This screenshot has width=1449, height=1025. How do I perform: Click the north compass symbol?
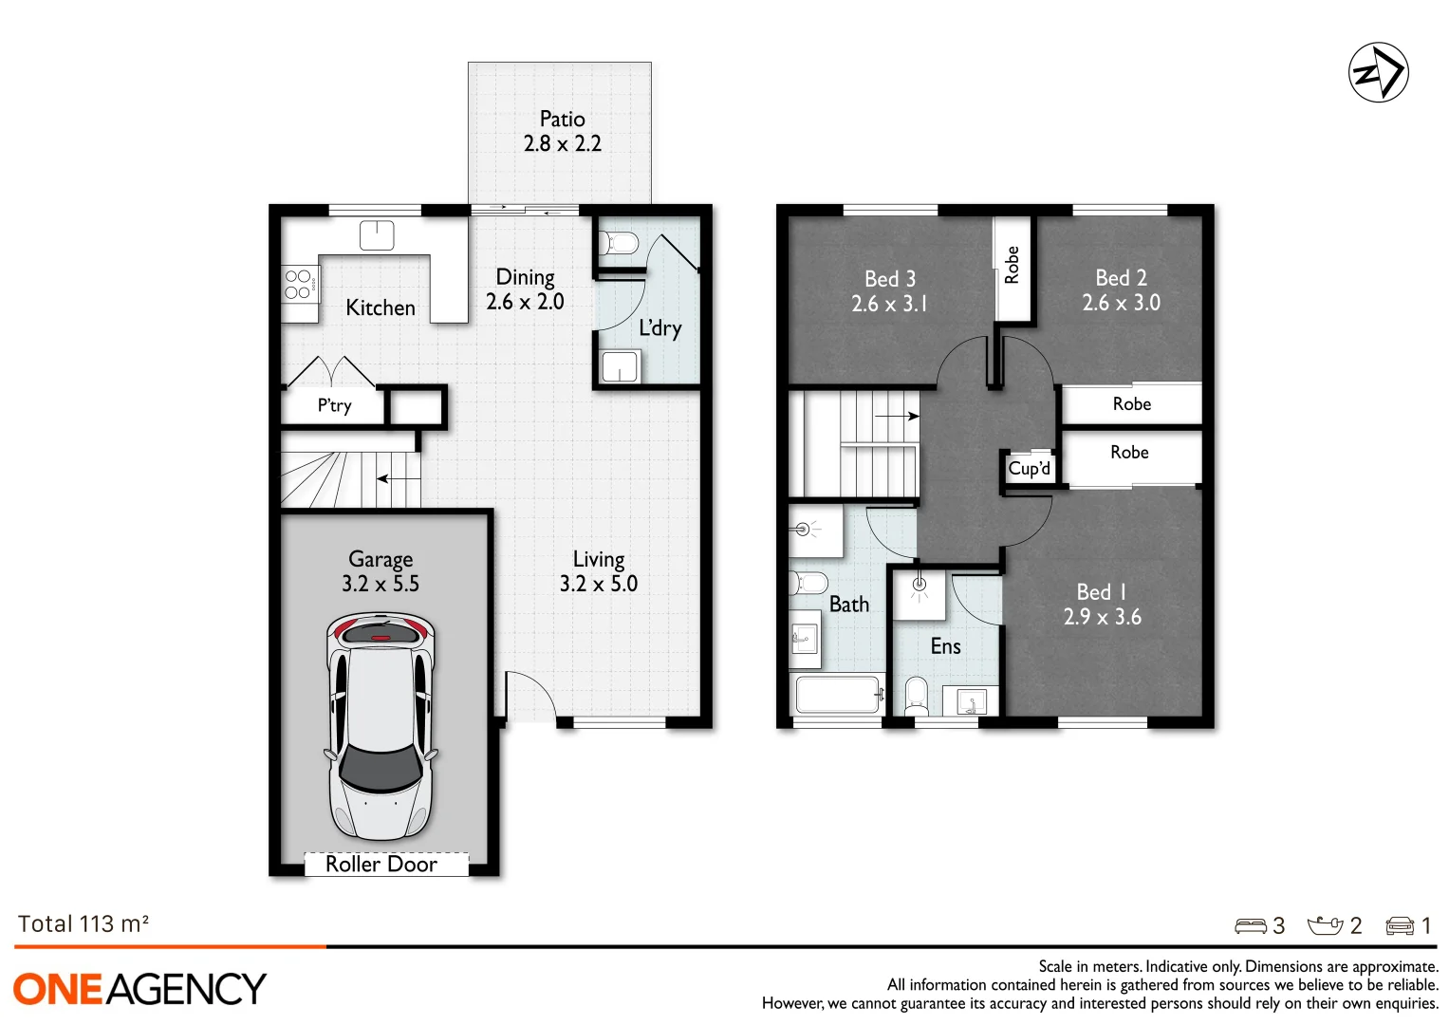pyautogui.click(x=1378, y=72)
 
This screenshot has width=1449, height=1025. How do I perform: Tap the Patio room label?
pyautogui.click(x=562, y=120)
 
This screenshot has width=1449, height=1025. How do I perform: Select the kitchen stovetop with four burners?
pyautogui.click(x=299, y=284)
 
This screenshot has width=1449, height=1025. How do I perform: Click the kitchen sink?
pyautogui.click(x=377, y=234)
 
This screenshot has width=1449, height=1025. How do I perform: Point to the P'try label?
pyautogui.click(x=334, y=406)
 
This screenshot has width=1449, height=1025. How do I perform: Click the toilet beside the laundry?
pyautogui.click(x=619, y=243)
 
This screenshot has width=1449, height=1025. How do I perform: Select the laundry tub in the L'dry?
pyautogui.click(x=621, y=366)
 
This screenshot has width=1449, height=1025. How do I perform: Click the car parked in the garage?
pyautogui.click(x=381, y=725)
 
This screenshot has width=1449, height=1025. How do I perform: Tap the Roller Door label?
pyautogui.click(x=381, y=864)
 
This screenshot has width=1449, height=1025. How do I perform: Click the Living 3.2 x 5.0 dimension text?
pyautogui.click(x=598, y=584)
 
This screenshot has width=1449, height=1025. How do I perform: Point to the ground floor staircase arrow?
pyautogui.click(x=399, y=478)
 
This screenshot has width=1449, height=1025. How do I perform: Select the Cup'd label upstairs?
pyautogui.click(x=1030, y=469)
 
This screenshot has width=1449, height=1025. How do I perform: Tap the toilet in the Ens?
pyautogui.click(x=916, y=696)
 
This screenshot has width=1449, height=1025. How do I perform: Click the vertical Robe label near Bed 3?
pyautogui.click(x=1012, y=265)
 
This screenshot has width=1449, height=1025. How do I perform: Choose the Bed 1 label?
pyautogui.click(x=1102, y=592)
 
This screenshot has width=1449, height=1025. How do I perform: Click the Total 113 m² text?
pyautogui.click(x=84, y=924)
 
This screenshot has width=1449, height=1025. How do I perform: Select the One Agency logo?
pyautogui.click(x=139, y=989)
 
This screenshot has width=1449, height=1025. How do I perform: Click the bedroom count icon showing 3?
pyautogui.click(x=1251, y=926)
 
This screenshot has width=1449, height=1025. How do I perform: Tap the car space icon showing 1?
pyautogui.click(x=1400, y=926)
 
